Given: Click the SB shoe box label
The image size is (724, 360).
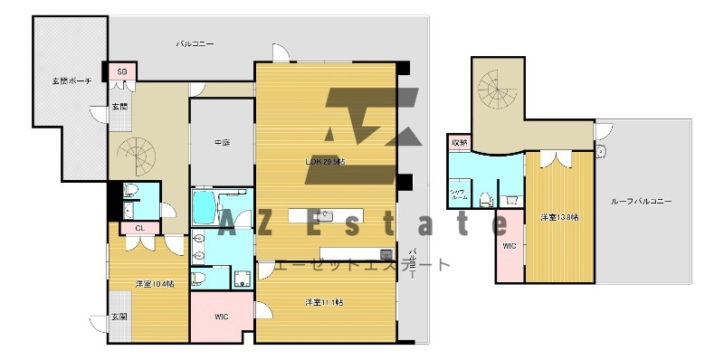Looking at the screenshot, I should [121, 71].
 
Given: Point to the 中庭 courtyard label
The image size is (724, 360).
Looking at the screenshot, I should [221, 142].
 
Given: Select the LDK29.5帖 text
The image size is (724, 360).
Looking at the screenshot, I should [325, 161].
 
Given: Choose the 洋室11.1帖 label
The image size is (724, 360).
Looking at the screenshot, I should [324, 301].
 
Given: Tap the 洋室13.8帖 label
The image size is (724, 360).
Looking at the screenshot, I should [560, 217].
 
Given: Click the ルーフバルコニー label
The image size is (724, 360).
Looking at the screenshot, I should [640, 201].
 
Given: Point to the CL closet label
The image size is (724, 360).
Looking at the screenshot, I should [140, 228].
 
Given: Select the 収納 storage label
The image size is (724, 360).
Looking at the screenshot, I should [460, 143].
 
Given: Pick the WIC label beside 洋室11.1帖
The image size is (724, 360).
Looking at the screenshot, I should [221, 317].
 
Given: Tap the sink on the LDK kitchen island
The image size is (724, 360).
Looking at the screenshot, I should [329, 215].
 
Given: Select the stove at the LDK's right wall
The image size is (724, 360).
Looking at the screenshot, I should [386, 254].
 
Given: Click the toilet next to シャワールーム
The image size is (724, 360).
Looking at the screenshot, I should [487, 199].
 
